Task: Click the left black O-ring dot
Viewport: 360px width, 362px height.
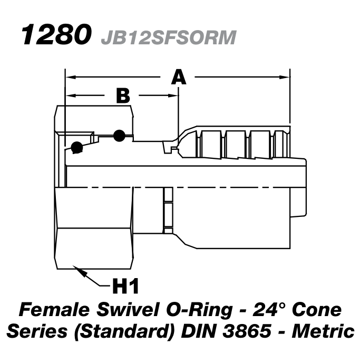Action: click(x=77, y=148)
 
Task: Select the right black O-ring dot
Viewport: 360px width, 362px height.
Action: click(x=119, y=136)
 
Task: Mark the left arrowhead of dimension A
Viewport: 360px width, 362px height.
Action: click(x=69, y=77)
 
